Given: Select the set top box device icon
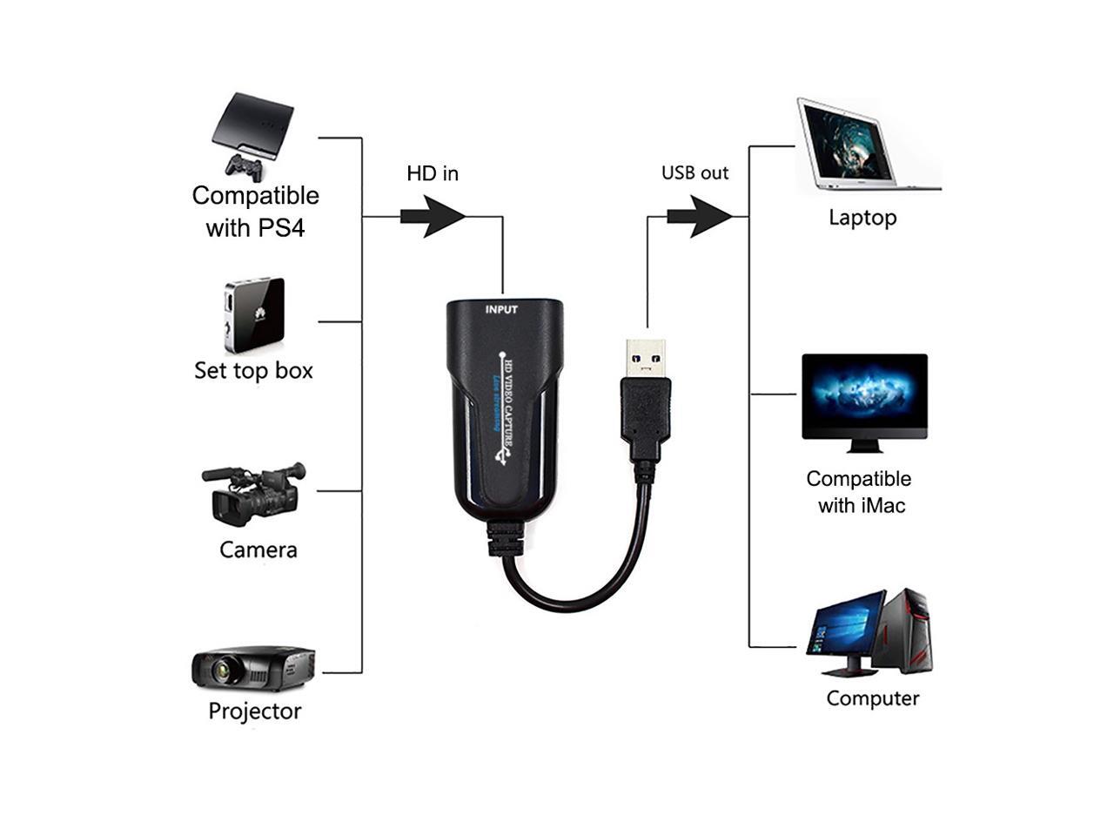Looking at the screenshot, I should click(254, 314).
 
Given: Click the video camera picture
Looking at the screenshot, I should click(252, 493).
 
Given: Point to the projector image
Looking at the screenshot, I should click(252, 669).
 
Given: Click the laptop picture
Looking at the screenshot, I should click(862, 145).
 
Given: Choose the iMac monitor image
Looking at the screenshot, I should click(864, 401).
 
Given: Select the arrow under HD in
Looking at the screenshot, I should click(433, 216).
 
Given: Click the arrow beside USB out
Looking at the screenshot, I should click(700, 216).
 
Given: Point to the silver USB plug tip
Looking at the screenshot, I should click(645, 356).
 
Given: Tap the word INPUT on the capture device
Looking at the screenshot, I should click(501, 309).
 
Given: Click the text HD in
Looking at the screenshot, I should click(433, 173).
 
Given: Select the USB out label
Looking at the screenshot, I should click(695, 172).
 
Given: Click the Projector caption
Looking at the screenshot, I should click(254, 711).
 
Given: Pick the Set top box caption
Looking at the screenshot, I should click(253, 370).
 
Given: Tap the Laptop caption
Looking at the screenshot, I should click(862, 218).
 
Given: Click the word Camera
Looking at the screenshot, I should click(258, 549).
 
